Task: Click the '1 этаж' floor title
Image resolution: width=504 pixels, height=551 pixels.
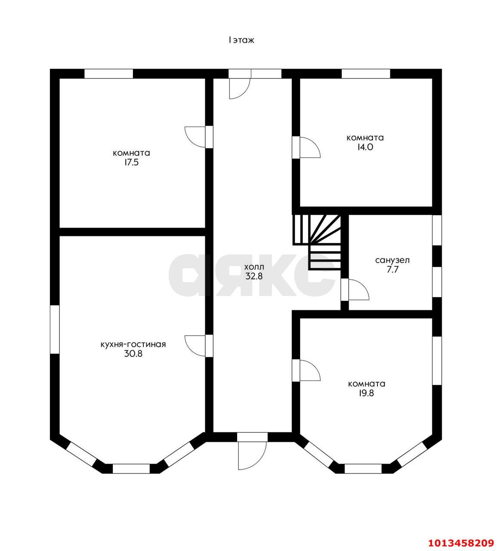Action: point(241,40)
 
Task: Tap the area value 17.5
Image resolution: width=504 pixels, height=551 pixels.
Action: point(131,163)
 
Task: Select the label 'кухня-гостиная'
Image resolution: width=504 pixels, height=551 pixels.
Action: point(133,344)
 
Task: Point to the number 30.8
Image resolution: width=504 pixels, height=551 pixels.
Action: point(133,354)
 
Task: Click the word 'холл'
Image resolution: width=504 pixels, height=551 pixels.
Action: point(254,267)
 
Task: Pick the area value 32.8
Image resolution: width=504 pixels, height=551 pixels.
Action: point(254,276)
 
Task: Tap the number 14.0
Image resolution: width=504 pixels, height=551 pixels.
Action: point(365,147)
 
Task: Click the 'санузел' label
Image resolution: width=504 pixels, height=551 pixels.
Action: point(392,260)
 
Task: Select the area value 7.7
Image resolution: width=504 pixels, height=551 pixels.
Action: point(392,269)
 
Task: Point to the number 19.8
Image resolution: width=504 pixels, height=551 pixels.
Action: point(366,393)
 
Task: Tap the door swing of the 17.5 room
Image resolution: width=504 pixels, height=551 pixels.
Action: point(195,137)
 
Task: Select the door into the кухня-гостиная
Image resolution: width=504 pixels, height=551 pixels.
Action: point(195,346)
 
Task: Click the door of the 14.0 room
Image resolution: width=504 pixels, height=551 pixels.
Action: point(310,147)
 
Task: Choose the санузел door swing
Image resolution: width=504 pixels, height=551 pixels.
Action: point(359,290)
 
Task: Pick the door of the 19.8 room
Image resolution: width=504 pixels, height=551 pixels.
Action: point(310,370)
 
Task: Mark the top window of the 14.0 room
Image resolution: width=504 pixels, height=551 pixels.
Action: point(365,74)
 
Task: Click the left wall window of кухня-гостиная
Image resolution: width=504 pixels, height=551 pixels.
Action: point(55,329)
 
